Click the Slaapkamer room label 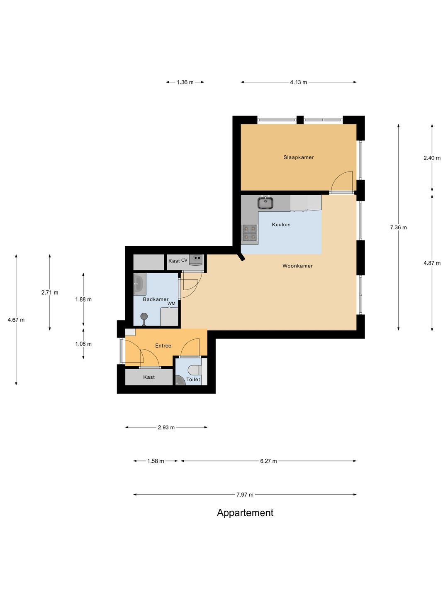point(298,157)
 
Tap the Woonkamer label point(297,266)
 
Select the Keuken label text point(281,225)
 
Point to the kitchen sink point(265,203)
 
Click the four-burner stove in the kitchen point(249,233)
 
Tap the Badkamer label point(156,299)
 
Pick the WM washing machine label point(171,304)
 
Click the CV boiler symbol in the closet point(196,260)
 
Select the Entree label point(163,346)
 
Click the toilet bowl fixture point(196,369)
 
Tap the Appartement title point(245,512)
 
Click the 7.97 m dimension point(245,495)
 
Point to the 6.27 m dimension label point(268,461)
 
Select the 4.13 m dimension point(298,82)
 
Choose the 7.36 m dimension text point(398,228)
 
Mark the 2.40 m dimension point(432,158)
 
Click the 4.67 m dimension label point(16,320)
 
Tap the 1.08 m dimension point(83,344)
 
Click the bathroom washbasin point(139,284)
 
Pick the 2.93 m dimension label point(166,427)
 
